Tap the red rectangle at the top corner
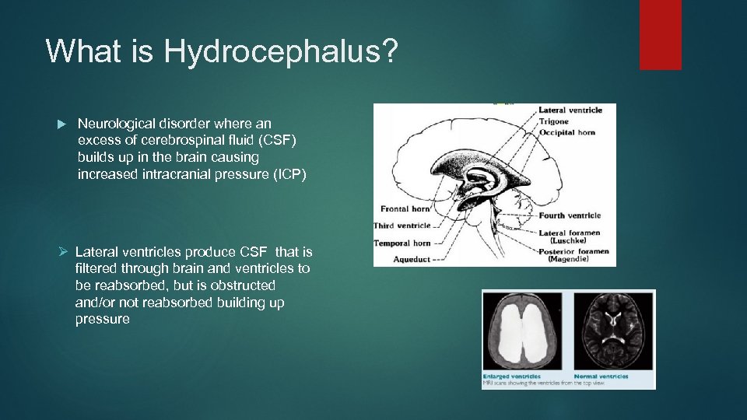pyautogui.click(x=660, y=34)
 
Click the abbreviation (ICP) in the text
pyautogui.click(x=286, y=174)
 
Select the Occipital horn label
pyautogui.click(x=568, y=132)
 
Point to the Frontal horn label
pyautogui.click(x=405, y=208)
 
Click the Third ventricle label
pyautogui.click(x=403, y=226)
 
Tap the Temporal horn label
pyautogui.click(x=403, y=243)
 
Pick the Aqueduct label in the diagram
pyautogui.click(x=411, y=260)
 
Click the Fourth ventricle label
pyautogui.click(x=570, y=215)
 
